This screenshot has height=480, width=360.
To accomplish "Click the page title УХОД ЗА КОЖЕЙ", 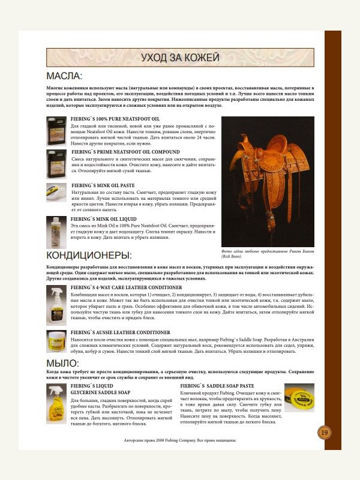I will click(x=179, y=58).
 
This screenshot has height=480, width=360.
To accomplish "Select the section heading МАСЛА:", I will click(x=64, y=76).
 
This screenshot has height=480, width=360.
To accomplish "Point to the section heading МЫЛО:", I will click(x=62, y=364).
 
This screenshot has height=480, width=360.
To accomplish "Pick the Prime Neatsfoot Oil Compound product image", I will click(x=58, y=161).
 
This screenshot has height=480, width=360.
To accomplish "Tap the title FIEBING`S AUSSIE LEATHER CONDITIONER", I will click(x=120, y=332).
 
